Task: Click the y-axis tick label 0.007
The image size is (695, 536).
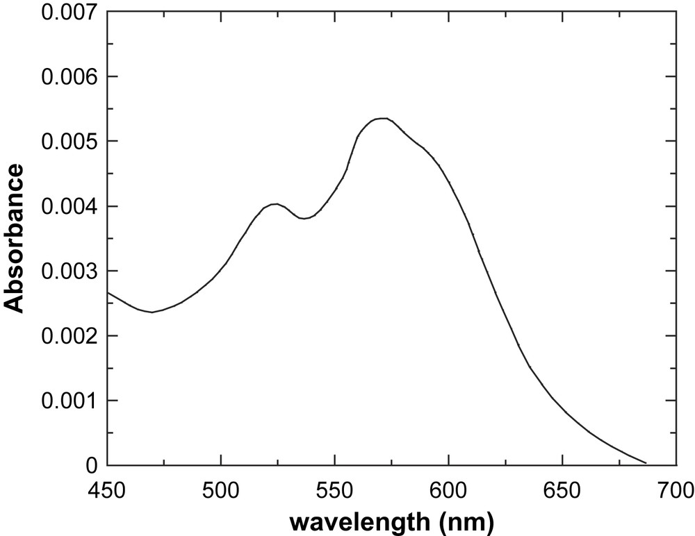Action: pos(68,12)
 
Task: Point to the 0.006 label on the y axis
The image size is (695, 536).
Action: pos(68,77)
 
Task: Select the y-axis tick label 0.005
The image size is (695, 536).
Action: pos(68,142)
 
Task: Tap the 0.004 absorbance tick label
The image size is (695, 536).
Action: pos(68,207)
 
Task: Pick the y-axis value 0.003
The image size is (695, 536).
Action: pos(68,271)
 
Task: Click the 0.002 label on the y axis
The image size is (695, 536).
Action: pos(68,336)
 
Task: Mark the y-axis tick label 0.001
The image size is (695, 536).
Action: pos(68,401)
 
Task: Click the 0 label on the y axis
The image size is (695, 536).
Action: pos(94,466)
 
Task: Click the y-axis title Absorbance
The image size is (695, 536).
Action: pos(15,238)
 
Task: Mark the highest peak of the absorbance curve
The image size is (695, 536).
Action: pos(382,118)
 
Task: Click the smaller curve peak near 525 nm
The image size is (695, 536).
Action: pos(276,203)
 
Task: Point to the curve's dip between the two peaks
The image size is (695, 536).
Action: pos(304,218)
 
